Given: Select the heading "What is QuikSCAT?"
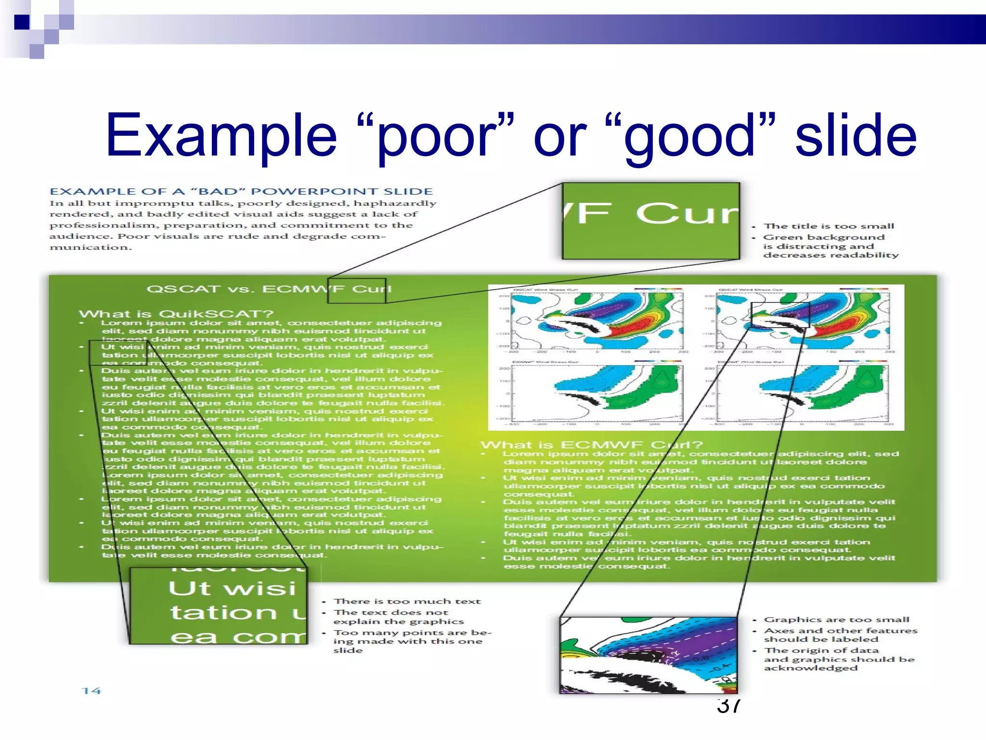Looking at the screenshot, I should point(176,314).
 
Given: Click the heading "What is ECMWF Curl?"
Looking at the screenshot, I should point(592,445).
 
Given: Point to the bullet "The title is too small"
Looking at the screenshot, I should point(829,226).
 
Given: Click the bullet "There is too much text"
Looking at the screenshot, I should point(407,601).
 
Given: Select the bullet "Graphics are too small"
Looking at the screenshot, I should point(837,620).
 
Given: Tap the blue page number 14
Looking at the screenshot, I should point(91,691).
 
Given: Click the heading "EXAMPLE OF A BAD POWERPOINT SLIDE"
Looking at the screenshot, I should point(241,191).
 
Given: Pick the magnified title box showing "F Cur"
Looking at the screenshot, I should point(650,221).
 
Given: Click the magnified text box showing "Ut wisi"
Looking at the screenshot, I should point(219,606).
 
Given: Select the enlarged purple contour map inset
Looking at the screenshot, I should point(649,655).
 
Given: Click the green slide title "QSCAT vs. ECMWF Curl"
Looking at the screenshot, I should point(269,289).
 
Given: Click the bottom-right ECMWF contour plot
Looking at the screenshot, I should point(803,393).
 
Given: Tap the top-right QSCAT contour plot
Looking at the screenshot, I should point(803,321).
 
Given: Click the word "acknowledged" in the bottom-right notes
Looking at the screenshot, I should point(811,668).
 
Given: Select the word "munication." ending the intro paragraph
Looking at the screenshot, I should point(90,248).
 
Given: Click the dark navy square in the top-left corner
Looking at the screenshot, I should point(22,22).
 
